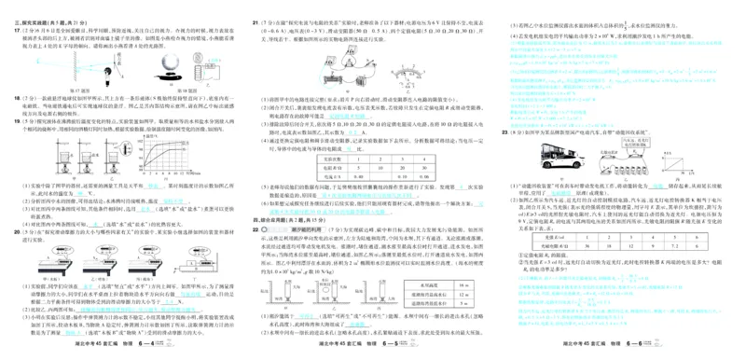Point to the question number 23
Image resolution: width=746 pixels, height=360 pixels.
pyautogui.click(x=504, y=133)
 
